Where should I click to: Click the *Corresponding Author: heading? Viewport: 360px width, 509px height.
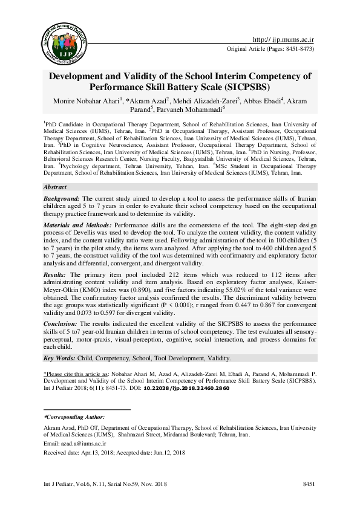(74, 418)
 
